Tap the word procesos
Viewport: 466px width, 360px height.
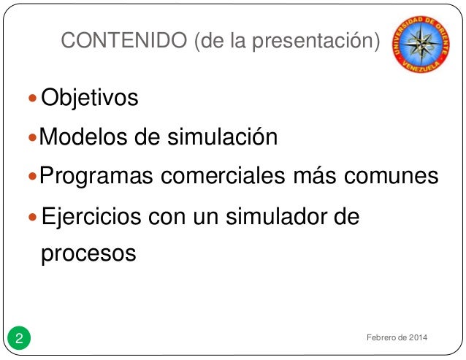coord(88,254)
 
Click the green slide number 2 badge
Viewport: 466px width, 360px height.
coord(20,338)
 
